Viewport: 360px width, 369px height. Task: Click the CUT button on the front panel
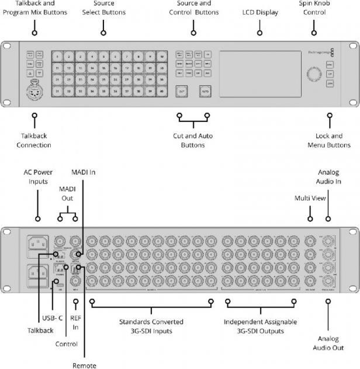(x=182, y=92)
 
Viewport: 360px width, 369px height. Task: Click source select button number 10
(x=161, y=57)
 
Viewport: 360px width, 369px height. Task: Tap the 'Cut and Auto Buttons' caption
(x=193, y=140)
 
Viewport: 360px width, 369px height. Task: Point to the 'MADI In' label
(x=82, y=173)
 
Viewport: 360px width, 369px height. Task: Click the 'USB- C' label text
(x=53, y=318)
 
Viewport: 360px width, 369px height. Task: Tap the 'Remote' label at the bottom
(x=85, y=365)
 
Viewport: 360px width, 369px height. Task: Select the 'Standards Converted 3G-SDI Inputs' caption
(x=151, y=326)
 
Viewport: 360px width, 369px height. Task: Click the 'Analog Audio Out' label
(x=328, y=343)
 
